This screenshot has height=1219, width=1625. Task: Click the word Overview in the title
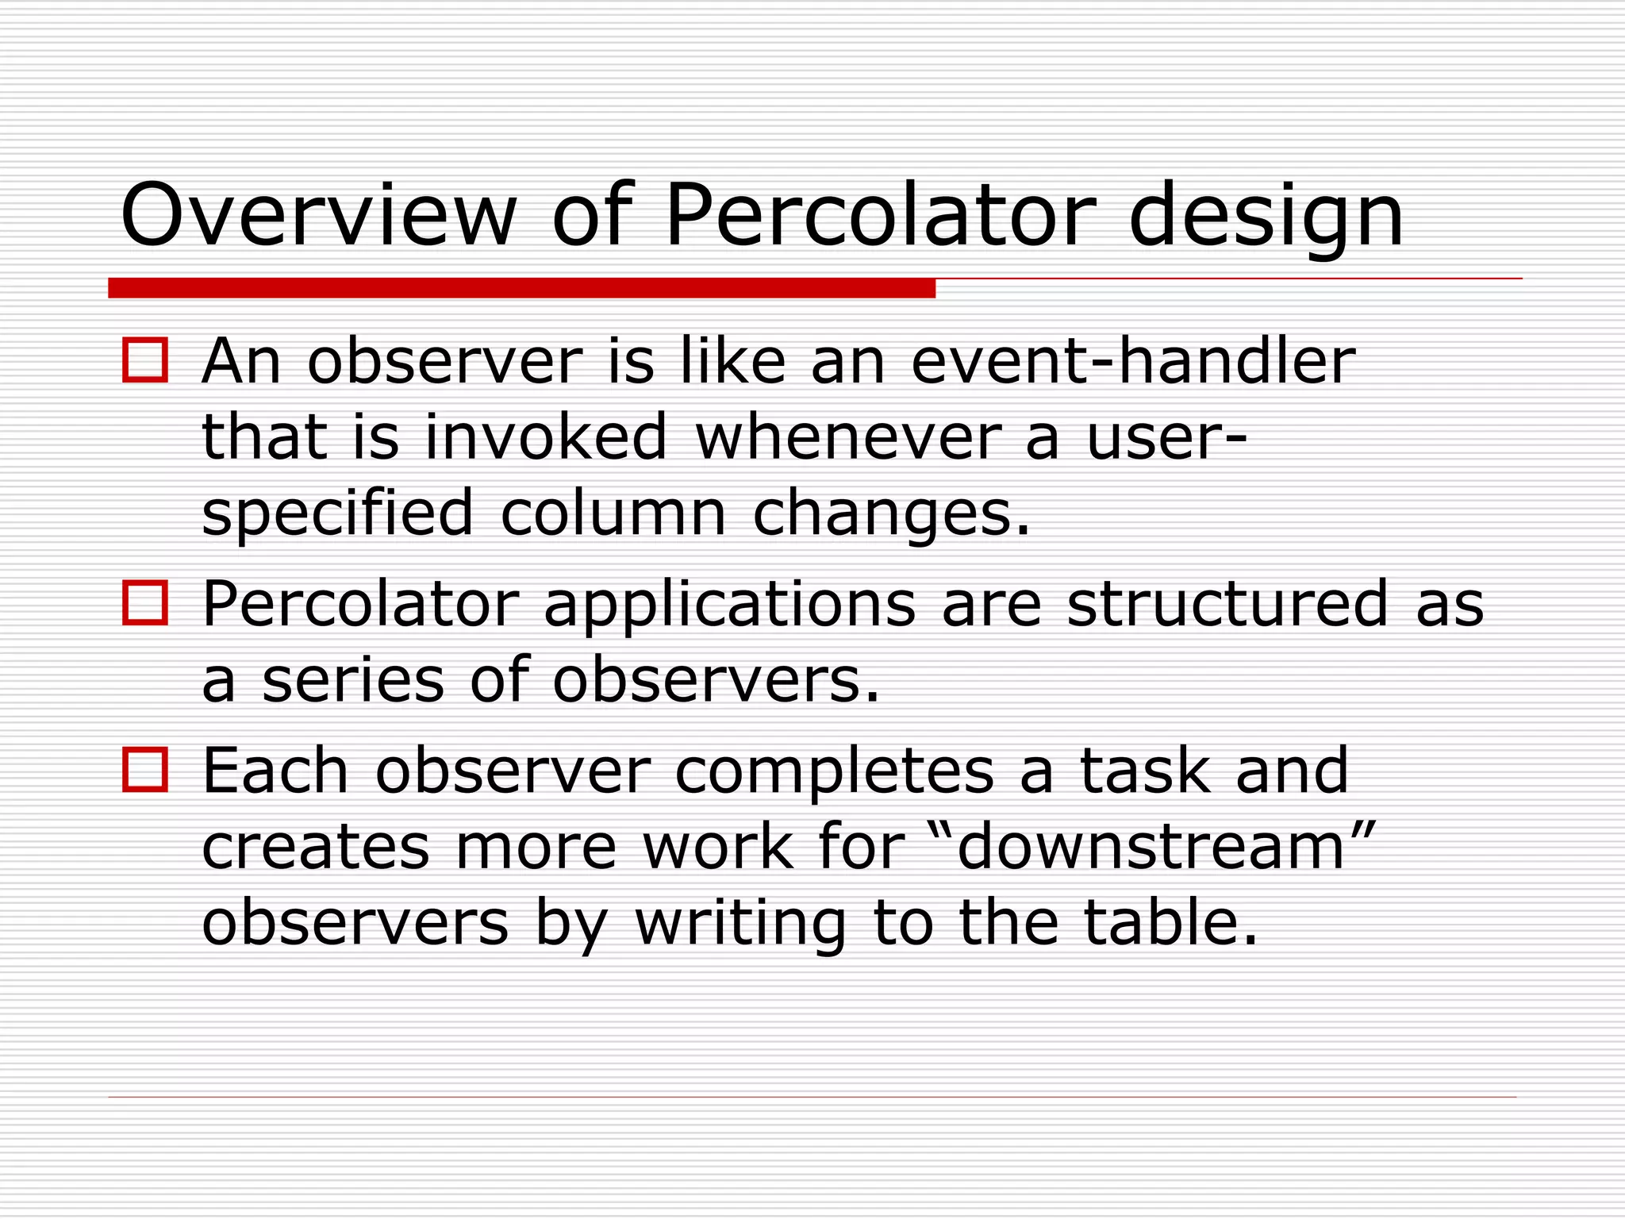[x=318, y=216]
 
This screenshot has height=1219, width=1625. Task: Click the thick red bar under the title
[x=521, y=288]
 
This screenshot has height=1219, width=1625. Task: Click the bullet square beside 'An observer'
[x=145, y=361]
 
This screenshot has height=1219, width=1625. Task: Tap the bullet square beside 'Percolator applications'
[x=145, y=603]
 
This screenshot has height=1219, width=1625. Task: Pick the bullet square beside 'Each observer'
[x=145, y=770]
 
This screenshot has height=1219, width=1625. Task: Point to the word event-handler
[x=1133, y=362]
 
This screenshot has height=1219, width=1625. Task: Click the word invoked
[x=546, y=437]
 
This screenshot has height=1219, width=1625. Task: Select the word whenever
[x=846, y=437]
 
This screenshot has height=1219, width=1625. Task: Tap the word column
[x=613, y=513]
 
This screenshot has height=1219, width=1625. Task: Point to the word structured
[x=1227, y=604]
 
